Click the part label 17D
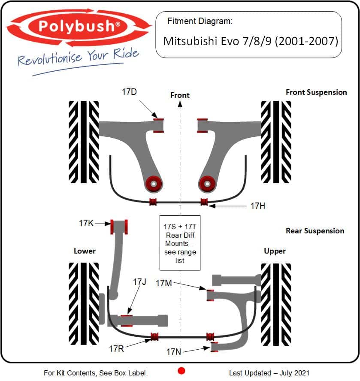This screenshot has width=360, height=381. click(x=130, y=92)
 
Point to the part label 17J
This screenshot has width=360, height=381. click(x=139, y=282)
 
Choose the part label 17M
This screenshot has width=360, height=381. click(x=164, y=283)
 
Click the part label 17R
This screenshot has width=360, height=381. click(x=116, y=349)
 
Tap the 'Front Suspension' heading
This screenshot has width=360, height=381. click(x=316, y=92)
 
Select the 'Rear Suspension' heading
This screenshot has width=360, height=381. click(x=315, y=231)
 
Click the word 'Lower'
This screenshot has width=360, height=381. click(x=85, y=251)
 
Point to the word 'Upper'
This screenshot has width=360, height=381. click(x=275, y=251)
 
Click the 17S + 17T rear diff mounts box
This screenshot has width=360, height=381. click(x=180, y=243)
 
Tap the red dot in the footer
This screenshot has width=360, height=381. click(x=181, y=371)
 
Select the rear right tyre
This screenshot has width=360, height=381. click(x=276, y=304)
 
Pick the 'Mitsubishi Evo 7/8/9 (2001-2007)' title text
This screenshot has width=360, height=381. click(x=251, y=41)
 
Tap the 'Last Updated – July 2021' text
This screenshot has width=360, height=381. click(x=269, y=373)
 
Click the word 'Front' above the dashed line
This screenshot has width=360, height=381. click(x=180, y=95)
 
